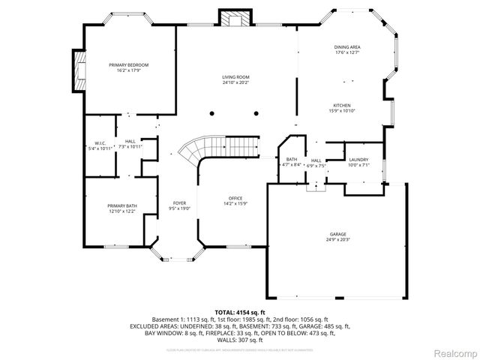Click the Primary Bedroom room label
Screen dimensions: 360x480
click(128, 65)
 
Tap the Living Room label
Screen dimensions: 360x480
click(235, 77)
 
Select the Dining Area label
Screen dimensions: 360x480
click(347, 47)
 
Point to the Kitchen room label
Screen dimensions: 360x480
click(342, 105)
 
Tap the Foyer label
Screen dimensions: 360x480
click(179, 203)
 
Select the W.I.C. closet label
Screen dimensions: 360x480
click(100, 142)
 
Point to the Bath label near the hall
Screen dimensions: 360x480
click(292, 160)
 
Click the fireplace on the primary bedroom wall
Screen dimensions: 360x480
click(77, 69)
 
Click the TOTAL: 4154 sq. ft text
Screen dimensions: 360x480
click(240, 311)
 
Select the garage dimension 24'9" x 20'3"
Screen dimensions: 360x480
click(338, 239)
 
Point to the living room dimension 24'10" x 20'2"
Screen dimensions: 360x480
click(235, 82)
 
